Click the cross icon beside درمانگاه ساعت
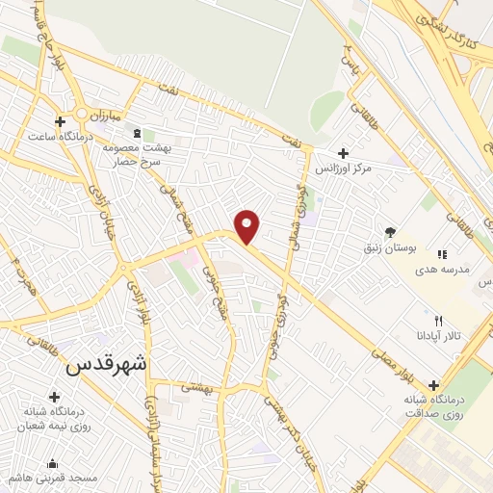(x=60, y=122)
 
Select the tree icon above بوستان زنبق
(x=390, y=232)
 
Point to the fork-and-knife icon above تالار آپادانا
(x=439, y=321)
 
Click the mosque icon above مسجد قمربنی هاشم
(x=52, y=463)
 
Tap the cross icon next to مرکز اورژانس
(x=344, y=152)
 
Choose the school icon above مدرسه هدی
(x=442, y=254)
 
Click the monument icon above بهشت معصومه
(x=136, y=133)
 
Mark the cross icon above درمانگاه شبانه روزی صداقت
(x=433, y=384)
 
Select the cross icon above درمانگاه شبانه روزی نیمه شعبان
(x=52, y=397)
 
